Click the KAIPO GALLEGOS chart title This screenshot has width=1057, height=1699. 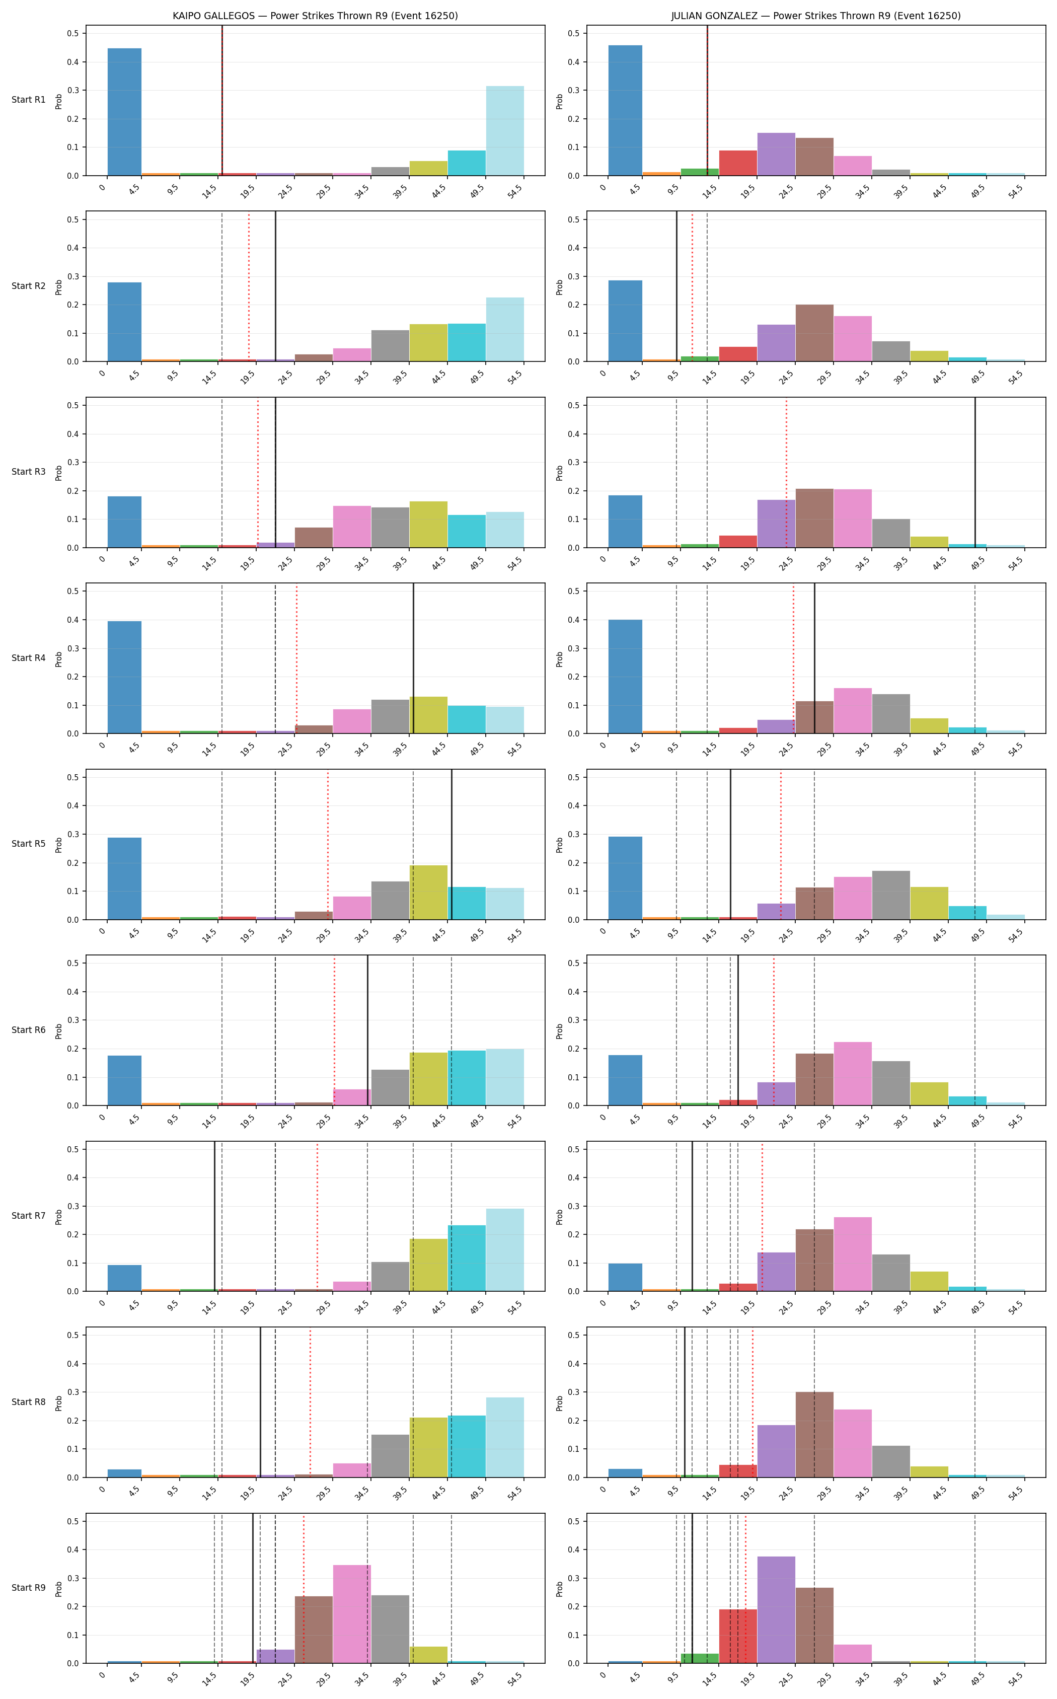tap(315, 16)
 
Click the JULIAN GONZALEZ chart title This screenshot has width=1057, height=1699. tap(816, 16)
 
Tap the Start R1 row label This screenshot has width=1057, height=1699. tap(29, 100)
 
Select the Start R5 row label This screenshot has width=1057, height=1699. tap(29, 844)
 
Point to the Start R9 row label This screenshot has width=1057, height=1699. tap(29, 1588)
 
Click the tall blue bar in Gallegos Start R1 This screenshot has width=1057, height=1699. tap(124, 112)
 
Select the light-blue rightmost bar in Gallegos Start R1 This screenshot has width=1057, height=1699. tap(505, 131)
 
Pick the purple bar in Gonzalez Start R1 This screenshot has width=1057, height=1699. tap(776, 154)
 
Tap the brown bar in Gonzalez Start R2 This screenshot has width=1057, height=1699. tap(814, 333)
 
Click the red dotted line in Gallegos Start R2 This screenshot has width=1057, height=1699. tap(249, 287)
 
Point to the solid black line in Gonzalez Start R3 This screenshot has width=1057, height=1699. tap(975, 473)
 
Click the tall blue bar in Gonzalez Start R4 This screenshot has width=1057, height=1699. tap(625, 676)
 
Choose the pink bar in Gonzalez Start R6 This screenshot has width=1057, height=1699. tap(853, 1074)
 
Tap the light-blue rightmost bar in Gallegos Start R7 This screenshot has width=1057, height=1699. tap(505, 1250)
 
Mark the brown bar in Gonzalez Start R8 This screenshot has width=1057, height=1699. tap(814, 1435)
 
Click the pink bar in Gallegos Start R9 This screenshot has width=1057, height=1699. tap(352, 1614)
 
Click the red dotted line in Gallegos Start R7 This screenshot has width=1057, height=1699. tap(318, 1217)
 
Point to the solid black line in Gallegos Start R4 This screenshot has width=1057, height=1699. tap(413, 658)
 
